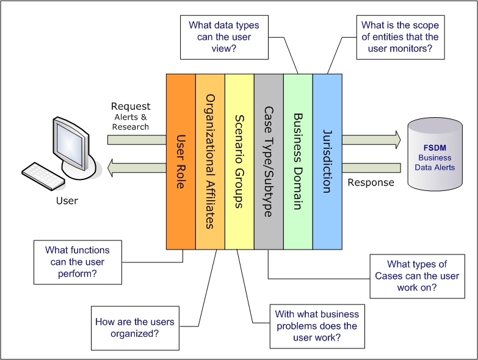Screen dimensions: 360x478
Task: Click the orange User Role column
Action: (181, 161)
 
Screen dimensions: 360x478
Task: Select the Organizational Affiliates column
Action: (210, 161)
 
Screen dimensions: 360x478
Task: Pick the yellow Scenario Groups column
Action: (239, 161)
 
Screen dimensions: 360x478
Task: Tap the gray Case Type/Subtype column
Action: (269, 161)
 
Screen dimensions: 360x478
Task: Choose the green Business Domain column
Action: (298, 161)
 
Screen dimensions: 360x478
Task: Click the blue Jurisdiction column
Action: (327, 161)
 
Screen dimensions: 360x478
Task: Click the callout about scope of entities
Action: (400, 37)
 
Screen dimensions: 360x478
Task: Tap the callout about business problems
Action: (315, 325)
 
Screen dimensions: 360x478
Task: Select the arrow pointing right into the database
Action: (371, 140)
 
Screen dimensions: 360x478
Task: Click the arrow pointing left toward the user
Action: (137, 167)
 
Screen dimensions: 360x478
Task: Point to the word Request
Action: (131, 107)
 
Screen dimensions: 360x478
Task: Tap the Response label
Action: (371, 182)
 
